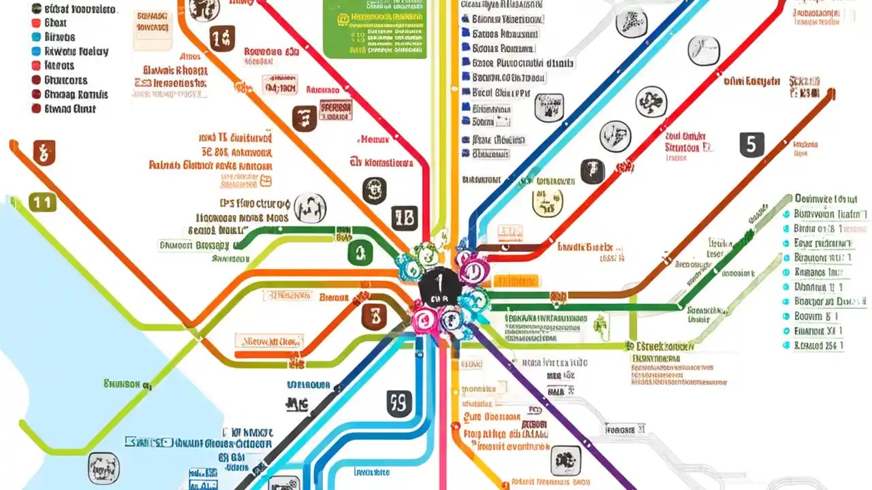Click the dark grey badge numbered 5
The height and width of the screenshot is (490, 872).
tap(751, 144)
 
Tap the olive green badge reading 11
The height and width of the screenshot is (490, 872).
tap(42, 202)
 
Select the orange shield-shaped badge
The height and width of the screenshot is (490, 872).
tap(44, 152)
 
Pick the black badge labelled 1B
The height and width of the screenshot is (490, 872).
tap(404, 218)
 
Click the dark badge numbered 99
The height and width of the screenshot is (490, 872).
tap(399, 404)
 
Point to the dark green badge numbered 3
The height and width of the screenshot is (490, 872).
tap(360, 253)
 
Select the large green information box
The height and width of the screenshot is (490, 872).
tap(373, 27)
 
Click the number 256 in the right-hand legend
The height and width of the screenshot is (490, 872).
tap(832, 346)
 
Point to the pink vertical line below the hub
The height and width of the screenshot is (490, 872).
tap(443, 422)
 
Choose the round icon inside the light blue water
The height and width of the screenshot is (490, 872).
tap(104, 468)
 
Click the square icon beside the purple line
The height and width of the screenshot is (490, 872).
tap(565, 461)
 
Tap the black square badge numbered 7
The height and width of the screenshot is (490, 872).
tap(592, 171)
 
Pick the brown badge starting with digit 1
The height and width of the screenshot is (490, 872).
tap(222, 39)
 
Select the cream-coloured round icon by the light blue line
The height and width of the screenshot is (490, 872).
tap(547, 202)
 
